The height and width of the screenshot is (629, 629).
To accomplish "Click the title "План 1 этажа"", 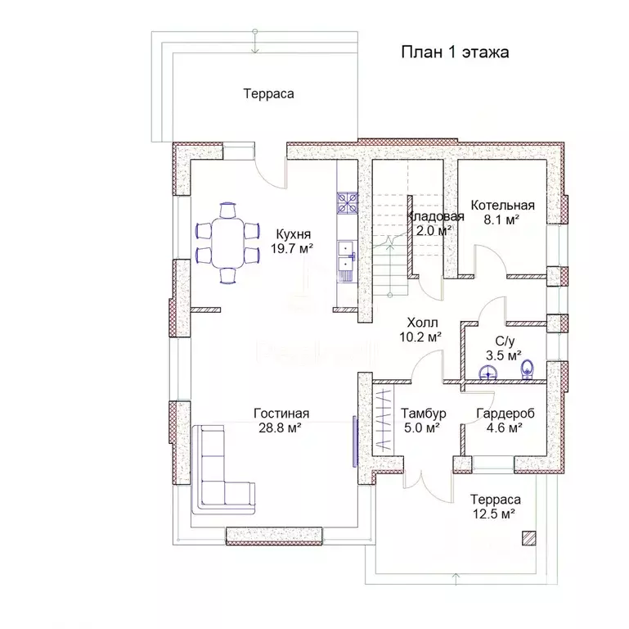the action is click(455, 52).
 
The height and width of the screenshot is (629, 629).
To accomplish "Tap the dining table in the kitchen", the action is click(228, 242).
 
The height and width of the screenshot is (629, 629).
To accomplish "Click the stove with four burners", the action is click(347, 203).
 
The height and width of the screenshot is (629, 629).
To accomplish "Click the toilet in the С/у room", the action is click(527, 369).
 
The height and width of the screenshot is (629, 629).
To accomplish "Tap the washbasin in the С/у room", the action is click(488, 372).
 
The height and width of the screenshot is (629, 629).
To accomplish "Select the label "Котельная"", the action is click(503, 206).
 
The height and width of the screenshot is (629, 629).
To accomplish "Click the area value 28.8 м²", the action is click(280, 428).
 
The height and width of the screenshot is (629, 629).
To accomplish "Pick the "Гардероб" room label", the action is click(505, 414).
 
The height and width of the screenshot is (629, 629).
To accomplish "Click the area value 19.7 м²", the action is click(292, 249).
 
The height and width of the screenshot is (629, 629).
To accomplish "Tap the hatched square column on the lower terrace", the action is click(529, 538).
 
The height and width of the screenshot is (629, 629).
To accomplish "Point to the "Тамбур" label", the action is click(424, 414).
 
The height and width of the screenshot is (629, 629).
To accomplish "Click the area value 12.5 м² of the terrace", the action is click(494, 514).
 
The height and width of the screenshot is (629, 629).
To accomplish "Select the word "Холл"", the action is click(422, 323).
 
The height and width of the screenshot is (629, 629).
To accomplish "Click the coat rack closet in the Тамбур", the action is click(383, 419).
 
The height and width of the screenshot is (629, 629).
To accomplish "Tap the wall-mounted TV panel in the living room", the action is click(355, 441).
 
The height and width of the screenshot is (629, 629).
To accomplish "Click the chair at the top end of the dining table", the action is click(228, 210).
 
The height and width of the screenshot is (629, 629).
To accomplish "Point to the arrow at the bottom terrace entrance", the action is click(456, 578).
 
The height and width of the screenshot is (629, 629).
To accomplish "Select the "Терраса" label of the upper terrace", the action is click(269, 94).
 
